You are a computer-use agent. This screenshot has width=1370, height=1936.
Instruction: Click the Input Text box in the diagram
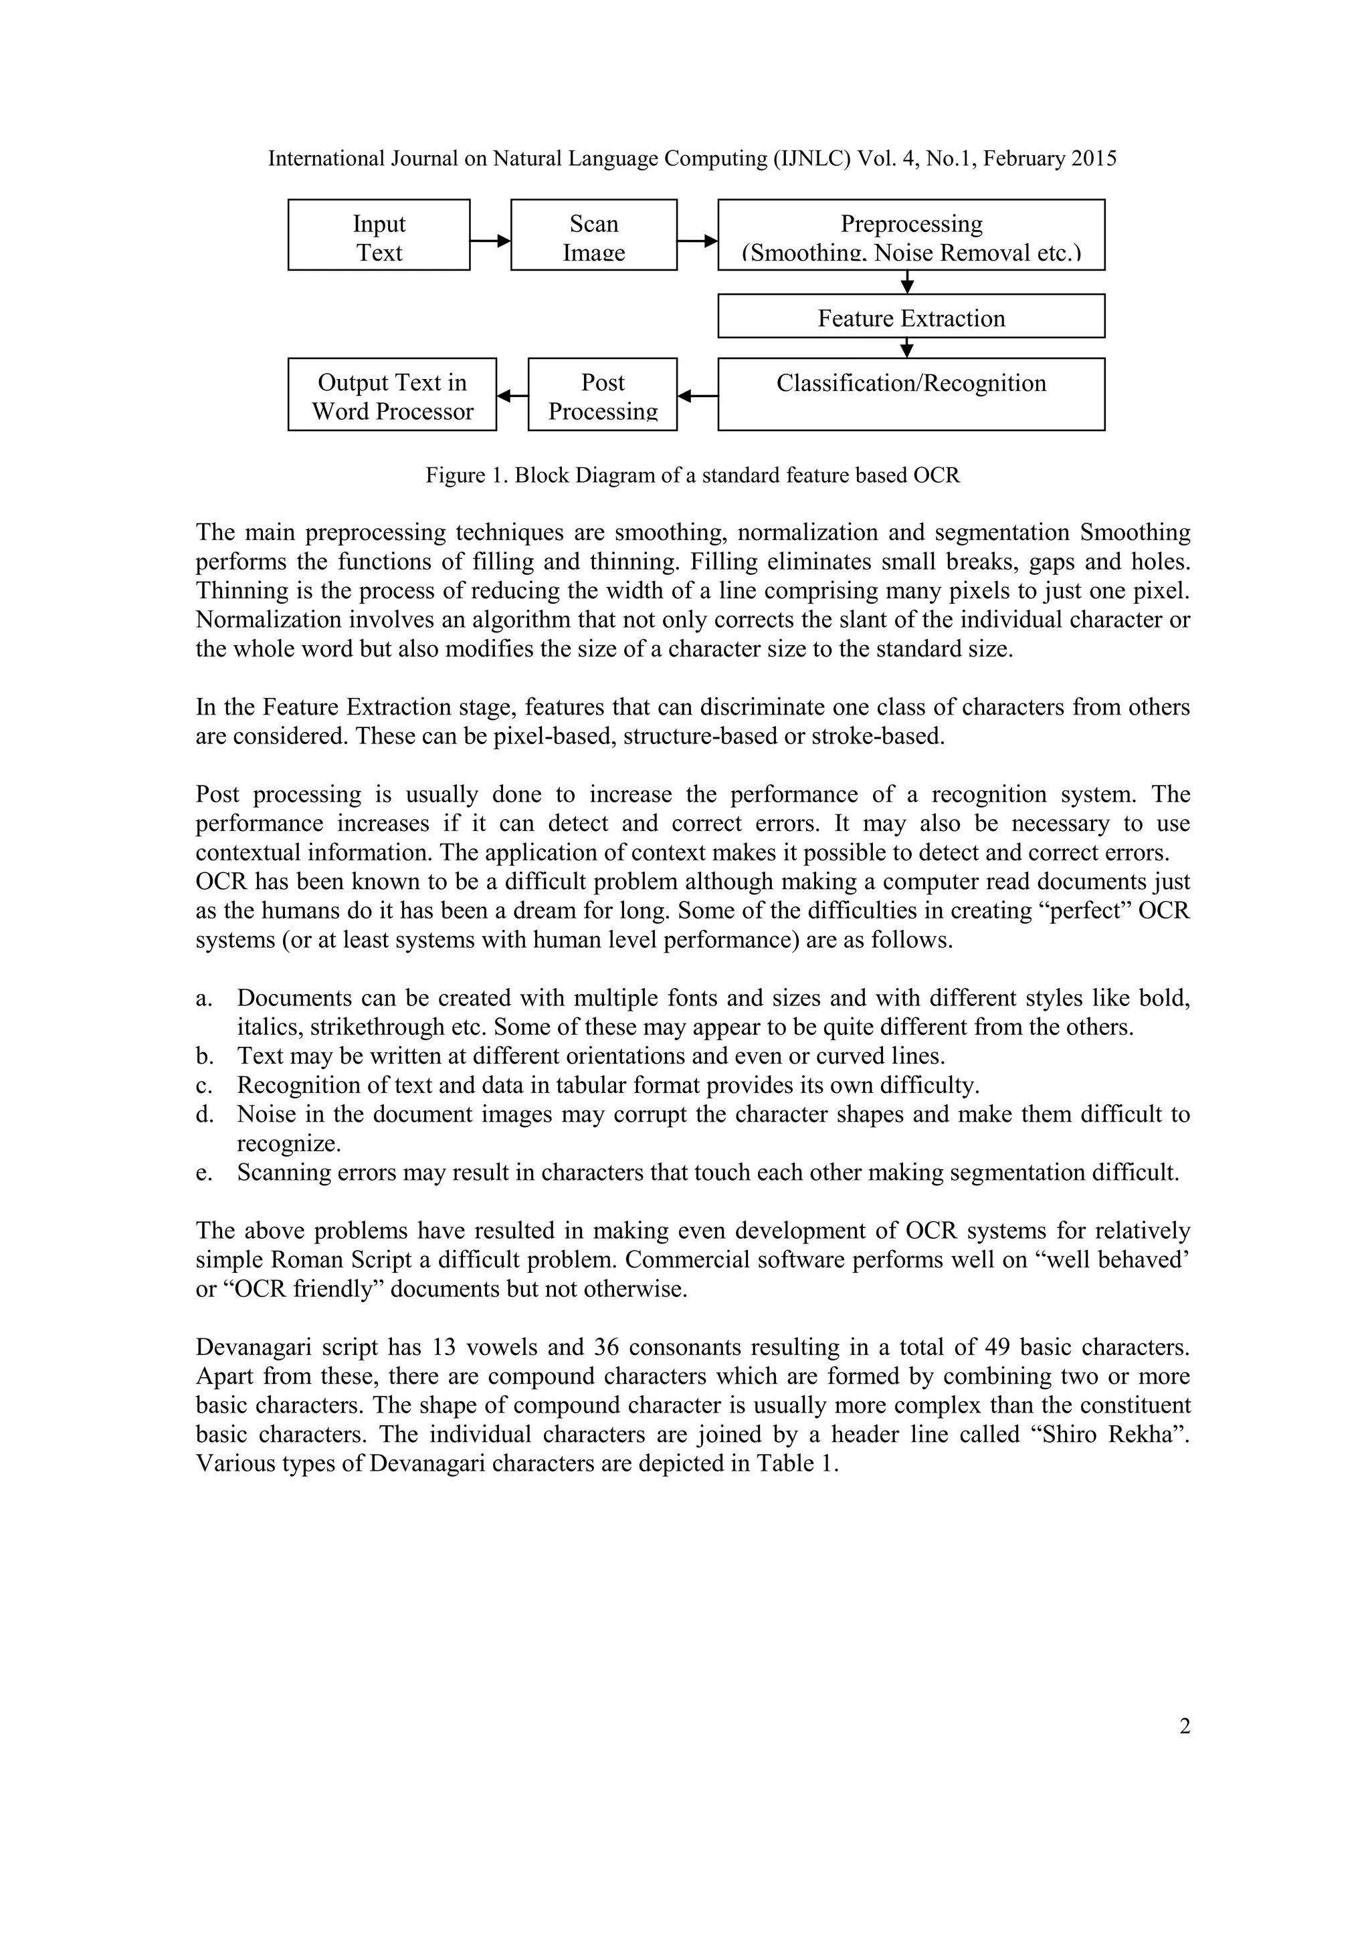[379, 235]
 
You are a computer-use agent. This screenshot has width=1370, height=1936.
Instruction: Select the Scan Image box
[594, 235]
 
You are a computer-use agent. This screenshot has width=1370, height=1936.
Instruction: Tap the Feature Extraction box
[911, 316]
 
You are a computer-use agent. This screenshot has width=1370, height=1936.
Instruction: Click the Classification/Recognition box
[911, 394]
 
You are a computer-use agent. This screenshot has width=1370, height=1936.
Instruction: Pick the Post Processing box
[602, 394]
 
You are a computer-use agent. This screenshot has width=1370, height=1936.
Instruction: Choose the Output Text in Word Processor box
[392, 394]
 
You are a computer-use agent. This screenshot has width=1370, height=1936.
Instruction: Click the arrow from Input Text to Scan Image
[490, 241]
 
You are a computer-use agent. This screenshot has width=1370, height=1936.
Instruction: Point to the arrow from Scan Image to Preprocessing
[697, 241]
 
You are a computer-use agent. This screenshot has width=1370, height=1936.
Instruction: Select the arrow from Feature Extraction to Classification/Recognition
[908, 348]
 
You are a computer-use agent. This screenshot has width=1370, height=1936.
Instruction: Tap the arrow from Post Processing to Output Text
[512, 394]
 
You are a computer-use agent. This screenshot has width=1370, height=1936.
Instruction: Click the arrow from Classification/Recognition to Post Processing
[697, 394]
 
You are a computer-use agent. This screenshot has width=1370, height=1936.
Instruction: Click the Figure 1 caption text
[692, 475]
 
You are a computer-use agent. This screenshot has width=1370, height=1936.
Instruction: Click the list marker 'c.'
[204, 1085]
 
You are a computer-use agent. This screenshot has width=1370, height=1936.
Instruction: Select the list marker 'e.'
[204, 1173]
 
